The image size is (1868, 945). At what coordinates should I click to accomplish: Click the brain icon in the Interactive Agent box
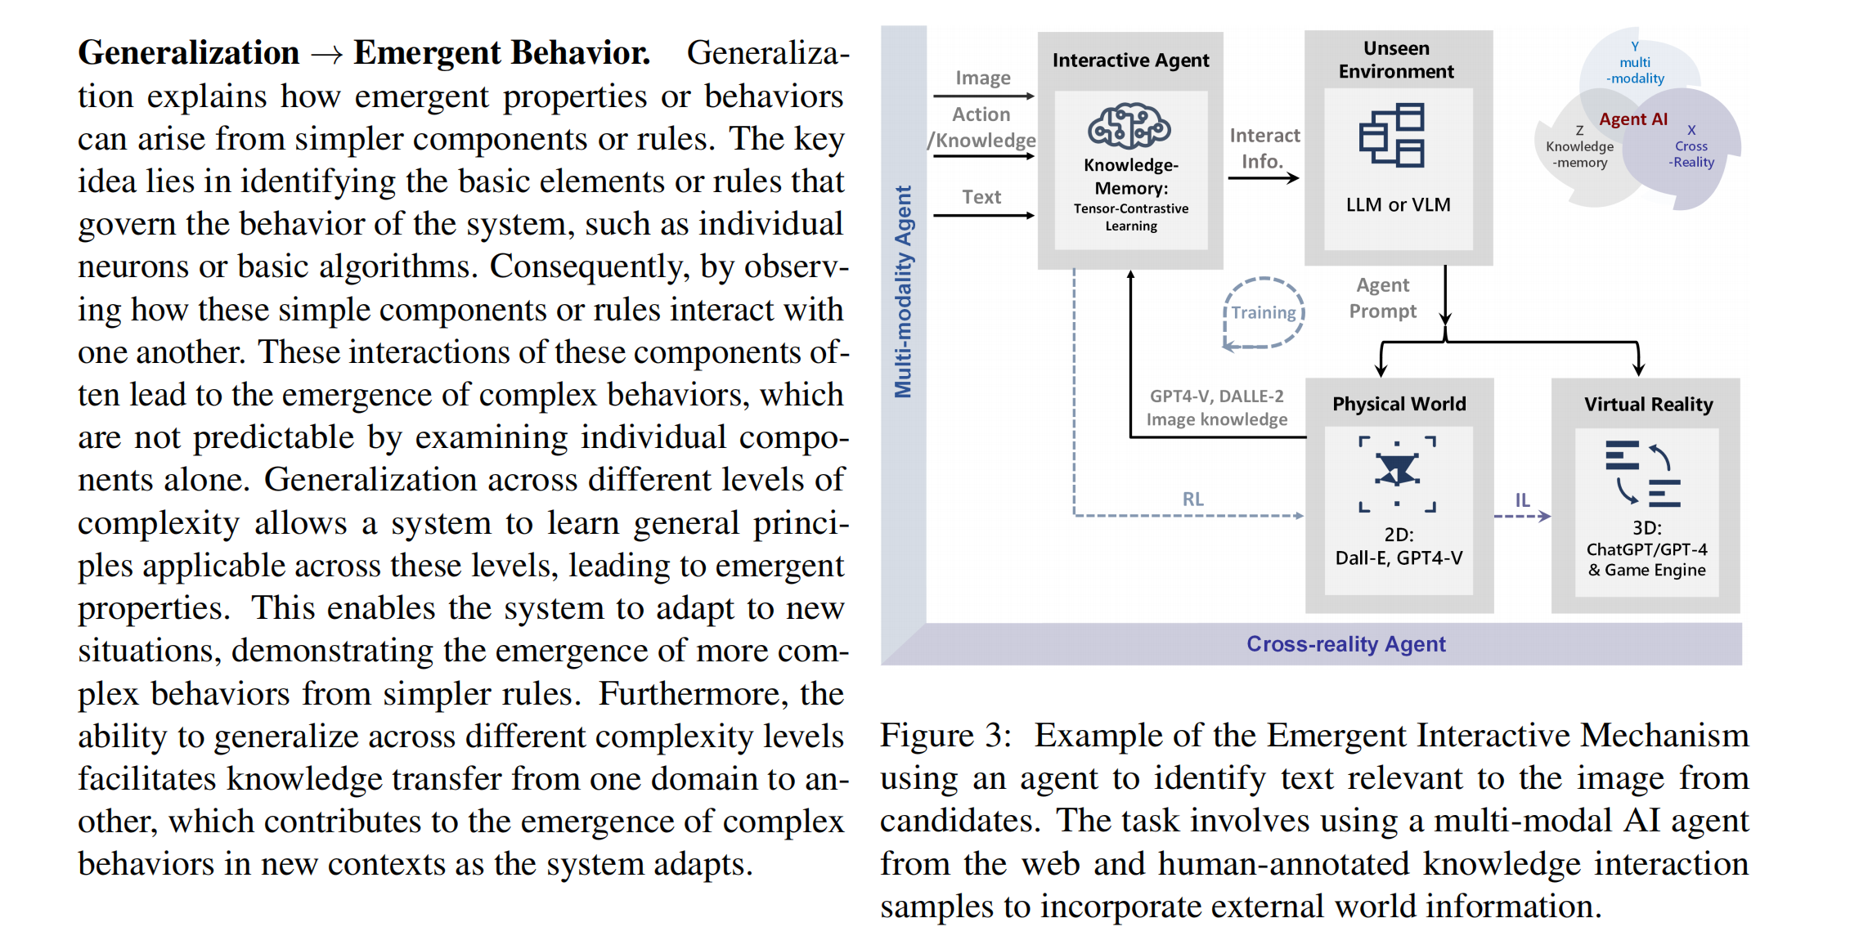click(1129, 126)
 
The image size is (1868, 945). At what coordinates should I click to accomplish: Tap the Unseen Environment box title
click(1396, 60)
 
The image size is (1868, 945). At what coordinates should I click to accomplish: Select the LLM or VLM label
click(1399, 204)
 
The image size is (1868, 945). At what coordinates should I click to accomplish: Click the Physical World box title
click(1399, 404)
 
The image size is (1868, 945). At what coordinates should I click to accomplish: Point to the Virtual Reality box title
click(1648, 405)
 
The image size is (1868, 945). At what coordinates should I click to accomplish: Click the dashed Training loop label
click(1264, 312)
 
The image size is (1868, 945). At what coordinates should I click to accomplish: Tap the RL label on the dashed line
click(1192, 499)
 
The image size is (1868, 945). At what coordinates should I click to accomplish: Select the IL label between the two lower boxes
click(1522, 499)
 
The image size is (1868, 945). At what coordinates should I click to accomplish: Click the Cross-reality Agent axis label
click(1346, 644)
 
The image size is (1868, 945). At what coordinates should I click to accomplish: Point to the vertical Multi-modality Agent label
click(903, 292)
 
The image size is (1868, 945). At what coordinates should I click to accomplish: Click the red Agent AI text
click(1633, 119)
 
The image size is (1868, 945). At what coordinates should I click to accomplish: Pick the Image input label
click(983, 78)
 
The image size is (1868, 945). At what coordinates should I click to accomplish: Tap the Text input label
click(981, 197)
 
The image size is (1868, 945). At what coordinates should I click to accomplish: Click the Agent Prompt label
click(1383, 298)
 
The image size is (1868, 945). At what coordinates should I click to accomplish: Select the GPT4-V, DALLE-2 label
click(1217, 396)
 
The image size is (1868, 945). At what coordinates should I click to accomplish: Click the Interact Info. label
click(1264, 148)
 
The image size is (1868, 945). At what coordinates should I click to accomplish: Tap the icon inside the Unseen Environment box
click(1391, 135)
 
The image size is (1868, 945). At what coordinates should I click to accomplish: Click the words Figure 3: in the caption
click(945, 735)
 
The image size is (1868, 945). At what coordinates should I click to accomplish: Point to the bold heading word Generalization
click(189, 52)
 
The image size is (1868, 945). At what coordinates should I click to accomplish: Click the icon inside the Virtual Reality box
click(1643, 473)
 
